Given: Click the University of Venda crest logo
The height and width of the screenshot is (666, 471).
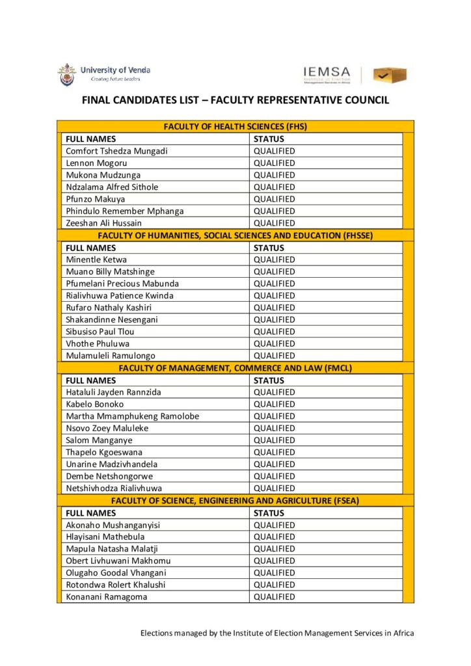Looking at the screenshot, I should tap(66, 74).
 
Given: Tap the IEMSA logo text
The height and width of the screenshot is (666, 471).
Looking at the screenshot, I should tap(327, 74).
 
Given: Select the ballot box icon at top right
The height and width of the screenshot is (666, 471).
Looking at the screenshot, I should tap(390, 75).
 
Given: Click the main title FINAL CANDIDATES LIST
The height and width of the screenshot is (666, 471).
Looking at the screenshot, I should tap(235, 101).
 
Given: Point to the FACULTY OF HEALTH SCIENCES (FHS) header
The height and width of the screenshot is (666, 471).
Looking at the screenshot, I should tap(235, 127).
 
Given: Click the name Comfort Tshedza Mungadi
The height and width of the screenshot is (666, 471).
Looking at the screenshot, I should tap(116, 151).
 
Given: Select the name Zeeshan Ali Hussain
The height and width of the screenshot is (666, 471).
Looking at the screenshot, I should tap(103, 223).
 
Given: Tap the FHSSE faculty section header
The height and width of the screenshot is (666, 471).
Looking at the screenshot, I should tap(235, 235).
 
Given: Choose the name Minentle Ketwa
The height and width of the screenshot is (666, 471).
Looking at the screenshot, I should tap(96, 260).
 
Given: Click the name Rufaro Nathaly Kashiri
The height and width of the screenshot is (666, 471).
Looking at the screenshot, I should tap(109, 308).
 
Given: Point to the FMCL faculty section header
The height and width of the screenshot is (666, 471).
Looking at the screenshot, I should tap(235, 367).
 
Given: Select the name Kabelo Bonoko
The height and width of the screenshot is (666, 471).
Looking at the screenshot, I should tap(95, 404).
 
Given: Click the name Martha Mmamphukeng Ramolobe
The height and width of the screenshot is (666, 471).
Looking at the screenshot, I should tap(133, 416).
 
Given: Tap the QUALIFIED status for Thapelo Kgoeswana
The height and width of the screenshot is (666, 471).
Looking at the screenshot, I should tap(274, 452).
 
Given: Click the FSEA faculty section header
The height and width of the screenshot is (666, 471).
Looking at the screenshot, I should tap(235, 500).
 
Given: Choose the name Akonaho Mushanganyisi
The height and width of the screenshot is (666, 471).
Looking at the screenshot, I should tap(113, 525).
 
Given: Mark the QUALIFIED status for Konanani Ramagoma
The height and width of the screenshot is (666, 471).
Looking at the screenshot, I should tap(274, 597).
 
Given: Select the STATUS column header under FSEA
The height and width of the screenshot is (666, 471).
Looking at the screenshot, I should tap(269, 513).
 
